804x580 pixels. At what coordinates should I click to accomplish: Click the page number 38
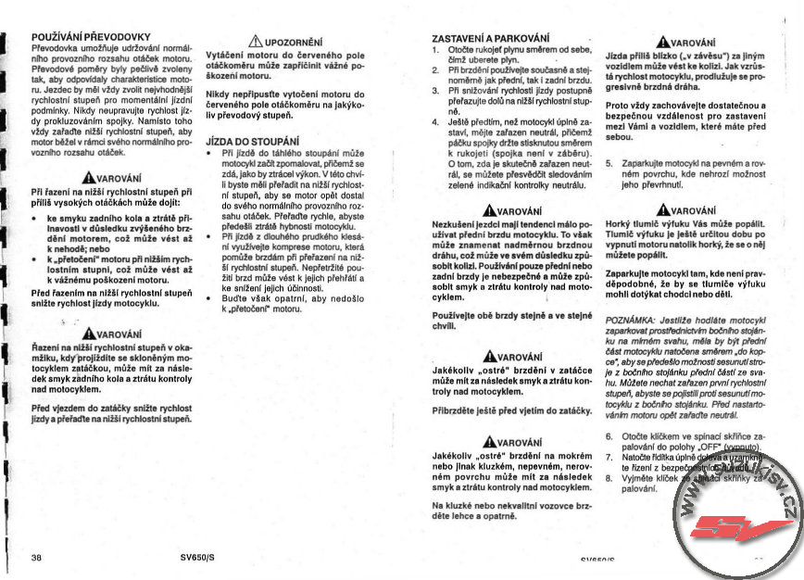[36, 558]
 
